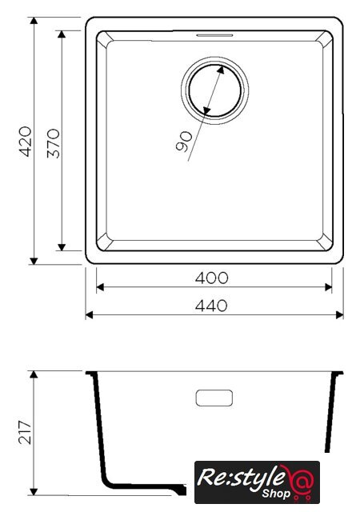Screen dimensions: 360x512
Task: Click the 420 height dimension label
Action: pos(26,142)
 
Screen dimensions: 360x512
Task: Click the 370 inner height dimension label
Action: pos(54,144)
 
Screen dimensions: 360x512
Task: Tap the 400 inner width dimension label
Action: pos(211,278)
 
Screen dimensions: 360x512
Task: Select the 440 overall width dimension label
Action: pos(211,306)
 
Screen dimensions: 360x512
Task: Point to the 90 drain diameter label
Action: pos(184,142)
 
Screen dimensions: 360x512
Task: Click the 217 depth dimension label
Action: pos(25,432)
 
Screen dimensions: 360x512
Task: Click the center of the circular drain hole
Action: pos(214,90)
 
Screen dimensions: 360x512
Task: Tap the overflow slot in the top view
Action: pos(214,35)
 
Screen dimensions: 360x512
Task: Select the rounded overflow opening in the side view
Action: pos(214,398)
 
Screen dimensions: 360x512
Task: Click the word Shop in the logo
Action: pos(276,493)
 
